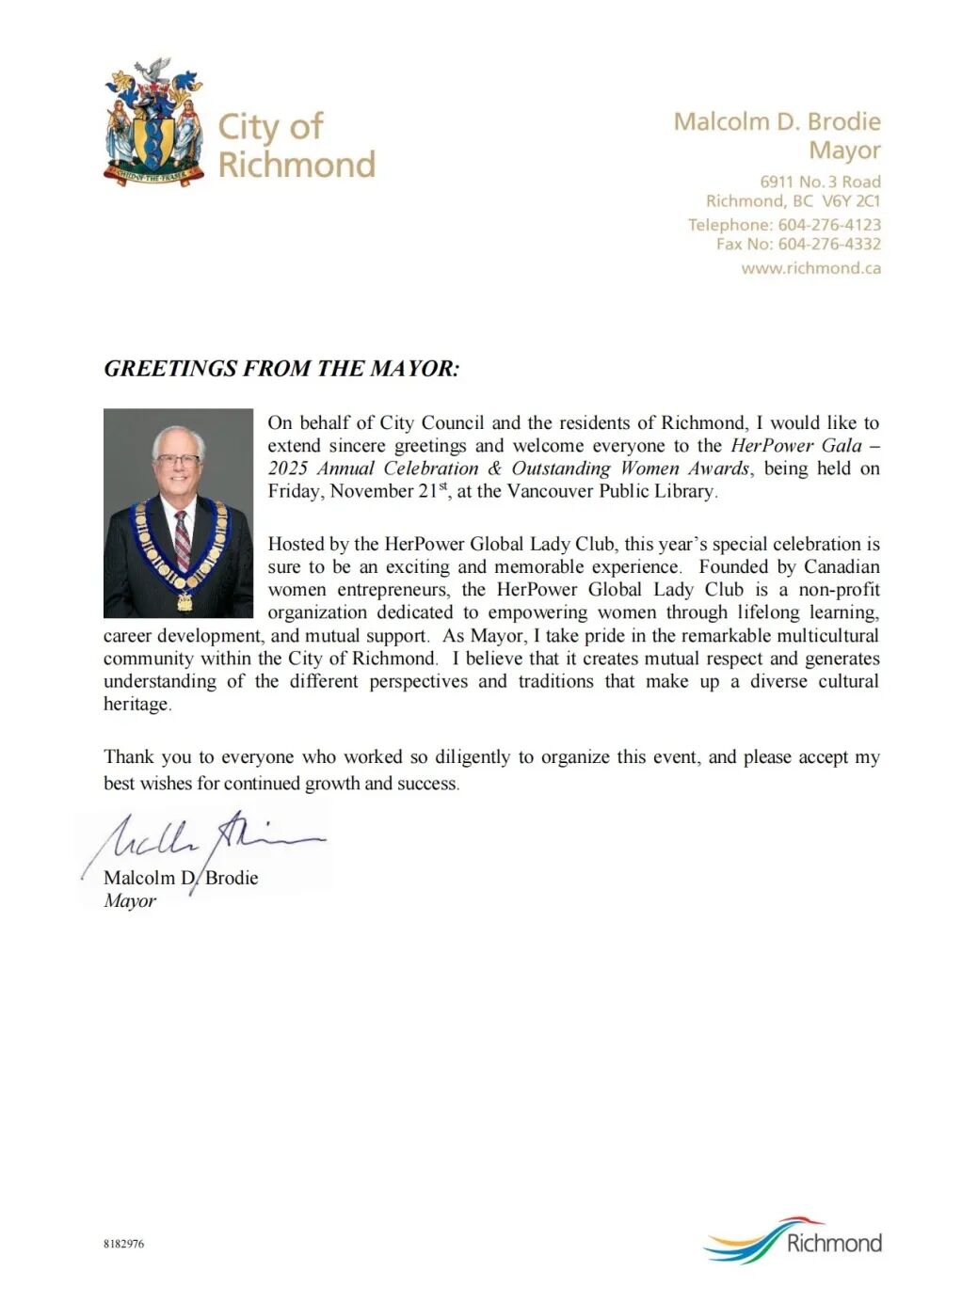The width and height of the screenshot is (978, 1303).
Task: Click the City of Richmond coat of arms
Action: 153,122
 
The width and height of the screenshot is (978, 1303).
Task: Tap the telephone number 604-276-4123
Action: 829,225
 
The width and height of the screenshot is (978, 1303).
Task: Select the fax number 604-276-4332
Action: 829,244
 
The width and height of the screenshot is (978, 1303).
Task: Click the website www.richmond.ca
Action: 810,268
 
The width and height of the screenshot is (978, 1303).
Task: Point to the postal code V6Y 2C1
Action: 851,200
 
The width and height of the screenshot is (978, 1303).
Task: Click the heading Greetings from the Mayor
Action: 281,368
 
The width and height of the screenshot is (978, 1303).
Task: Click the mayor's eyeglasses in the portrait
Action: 178,461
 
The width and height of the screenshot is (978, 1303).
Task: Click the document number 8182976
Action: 123,1244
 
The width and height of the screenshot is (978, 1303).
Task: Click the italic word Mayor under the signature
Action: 130,900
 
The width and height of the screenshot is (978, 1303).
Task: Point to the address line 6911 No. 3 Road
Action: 820,182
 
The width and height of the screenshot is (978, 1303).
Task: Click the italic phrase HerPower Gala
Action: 796,446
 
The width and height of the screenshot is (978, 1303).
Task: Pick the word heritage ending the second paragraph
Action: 136,704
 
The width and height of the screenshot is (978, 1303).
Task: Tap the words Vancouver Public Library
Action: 611,491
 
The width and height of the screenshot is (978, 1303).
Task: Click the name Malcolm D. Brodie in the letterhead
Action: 777,121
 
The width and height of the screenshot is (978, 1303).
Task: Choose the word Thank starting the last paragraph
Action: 129,757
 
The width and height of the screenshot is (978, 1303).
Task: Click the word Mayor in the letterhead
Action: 844,151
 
